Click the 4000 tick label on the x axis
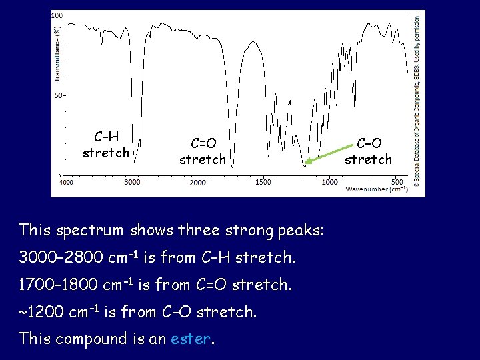pyautogui.click(x=67, y=181)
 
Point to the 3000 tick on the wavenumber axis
pyautogui.click(x=132, y=181)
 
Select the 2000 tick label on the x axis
pyautogui.click(x=198, y=181)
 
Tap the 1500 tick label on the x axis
pyautogui.click(x=263, y=181)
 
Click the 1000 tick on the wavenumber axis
pyautogui.click(x=329, y=181)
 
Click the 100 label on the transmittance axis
pyautogui.click(x=57, y=15)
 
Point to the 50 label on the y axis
pyautogui.click(x=59, y=95)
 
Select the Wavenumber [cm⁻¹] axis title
pyautogui.click(x=376, y=189)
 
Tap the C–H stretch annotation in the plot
pyautogui.click(x=106, y=145)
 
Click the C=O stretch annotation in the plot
pyautogui.click(x=202, y=151)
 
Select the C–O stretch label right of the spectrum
pyautogui.click(x=368, y=151)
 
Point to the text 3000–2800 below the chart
pyautogui.click(x=61, y=257)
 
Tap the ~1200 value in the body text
pyautogui.click(x=44, y=312)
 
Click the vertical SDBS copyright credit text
pyautogui.click(x=417, y=100)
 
